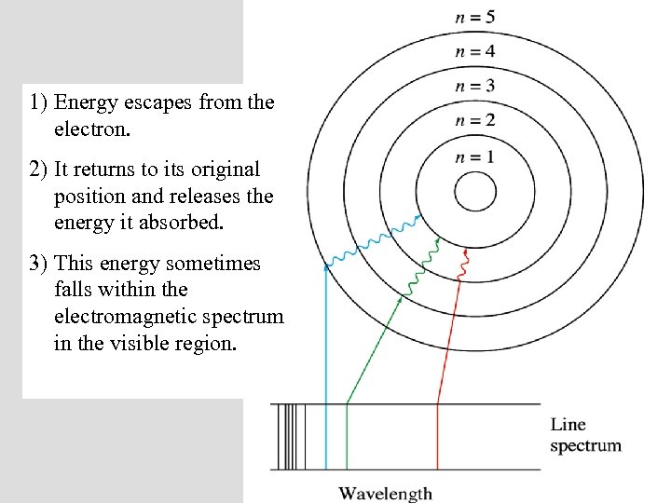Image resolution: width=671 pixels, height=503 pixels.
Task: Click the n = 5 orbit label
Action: tap(474, 16)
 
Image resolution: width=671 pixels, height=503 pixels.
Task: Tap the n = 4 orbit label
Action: tap(474, 51)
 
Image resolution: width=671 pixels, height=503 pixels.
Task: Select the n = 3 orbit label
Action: tap(474, 86)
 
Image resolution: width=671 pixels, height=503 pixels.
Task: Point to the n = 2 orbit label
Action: tap(474, 120)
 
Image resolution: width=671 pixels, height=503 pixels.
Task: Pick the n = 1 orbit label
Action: tap(474, 156)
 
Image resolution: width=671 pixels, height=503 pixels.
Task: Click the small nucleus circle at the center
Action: tap(474, 194)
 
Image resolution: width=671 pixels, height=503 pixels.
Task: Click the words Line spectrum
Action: tap(585, 435)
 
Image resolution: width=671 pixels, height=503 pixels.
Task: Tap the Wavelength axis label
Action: tap(385, 493)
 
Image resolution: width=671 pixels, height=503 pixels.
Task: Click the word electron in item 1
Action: tap(92, 129)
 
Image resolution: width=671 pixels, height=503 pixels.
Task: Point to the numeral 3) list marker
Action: tap(39, 264)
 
